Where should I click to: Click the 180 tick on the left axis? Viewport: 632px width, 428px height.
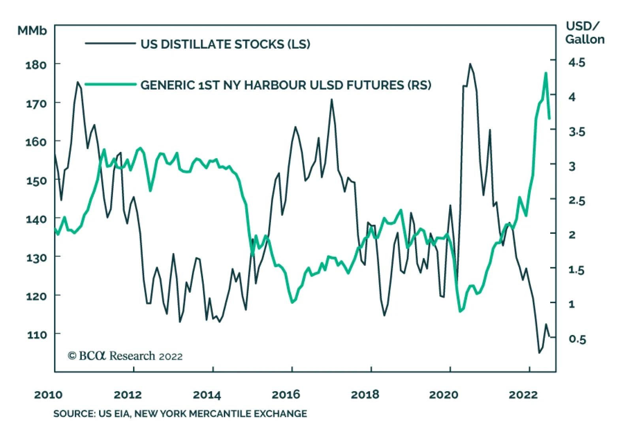point(36,64)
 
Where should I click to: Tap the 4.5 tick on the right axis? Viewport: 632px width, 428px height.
point(577,62)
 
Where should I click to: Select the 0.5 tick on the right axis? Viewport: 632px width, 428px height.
point(577,339)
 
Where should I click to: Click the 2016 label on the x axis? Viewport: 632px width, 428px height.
point(286,394)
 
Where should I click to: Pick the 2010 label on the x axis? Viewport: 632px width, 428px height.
point(48,394)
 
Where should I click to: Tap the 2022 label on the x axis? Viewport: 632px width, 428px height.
point(523,394)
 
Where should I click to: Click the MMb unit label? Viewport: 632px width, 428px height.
point(32,31)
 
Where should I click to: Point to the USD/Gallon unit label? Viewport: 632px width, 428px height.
point(584,33)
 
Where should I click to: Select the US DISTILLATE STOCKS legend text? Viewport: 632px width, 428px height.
point(225,44)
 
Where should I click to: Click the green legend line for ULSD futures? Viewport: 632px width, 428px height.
point(110,84)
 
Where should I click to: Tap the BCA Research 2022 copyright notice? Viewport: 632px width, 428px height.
point(125,356)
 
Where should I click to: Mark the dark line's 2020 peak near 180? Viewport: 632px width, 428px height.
point(470,64)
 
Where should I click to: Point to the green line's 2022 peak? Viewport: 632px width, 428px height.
point(546,73)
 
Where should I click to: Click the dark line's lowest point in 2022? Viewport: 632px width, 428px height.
point(539,352)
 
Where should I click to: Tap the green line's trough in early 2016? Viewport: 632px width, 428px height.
point(292,303)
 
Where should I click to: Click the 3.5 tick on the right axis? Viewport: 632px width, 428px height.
point(577,132)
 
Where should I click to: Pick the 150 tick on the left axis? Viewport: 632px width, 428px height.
point(36,180)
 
